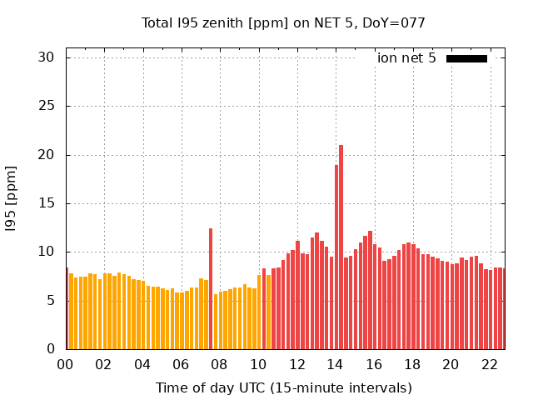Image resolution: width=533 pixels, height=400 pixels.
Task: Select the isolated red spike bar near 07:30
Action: point(211,288)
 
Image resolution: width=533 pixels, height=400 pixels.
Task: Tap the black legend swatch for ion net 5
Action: point(466,58)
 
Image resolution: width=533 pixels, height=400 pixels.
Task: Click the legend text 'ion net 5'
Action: point(406,58)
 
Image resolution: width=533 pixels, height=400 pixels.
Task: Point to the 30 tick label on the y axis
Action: point(46,57)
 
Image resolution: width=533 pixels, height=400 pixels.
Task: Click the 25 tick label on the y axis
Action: point(46,106)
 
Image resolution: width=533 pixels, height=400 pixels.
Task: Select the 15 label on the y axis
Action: point(46,203)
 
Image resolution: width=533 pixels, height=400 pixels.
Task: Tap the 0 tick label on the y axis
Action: point(50,349)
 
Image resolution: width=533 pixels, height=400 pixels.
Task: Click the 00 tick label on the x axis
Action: point(66,364)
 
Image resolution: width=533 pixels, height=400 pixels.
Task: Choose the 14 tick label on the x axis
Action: point(336,364)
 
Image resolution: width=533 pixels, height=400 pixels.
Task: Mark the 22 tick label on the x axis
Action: point(490,364)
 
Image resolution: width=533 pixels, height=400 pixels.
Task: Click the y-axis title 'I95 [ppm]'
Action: point(11,198)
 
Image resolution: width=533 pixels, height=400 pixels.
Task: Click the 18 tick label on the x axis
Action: point(412,364)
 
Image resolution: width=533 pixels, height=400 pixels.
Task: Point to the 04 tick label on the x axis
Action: point(142,364)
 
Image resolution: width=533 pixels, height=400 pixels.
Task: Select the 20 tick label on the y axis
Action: point(46,155)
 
